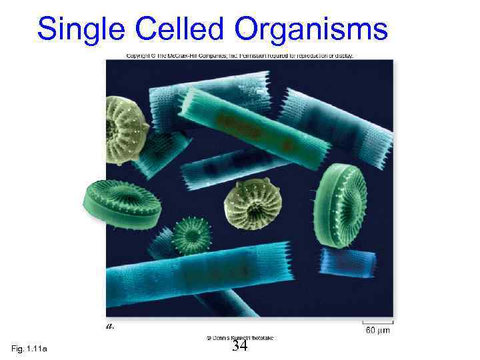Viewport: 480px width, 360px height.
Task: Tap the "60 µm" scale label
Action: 377,330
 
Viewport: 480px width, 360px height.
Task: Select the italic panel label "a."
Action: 111,326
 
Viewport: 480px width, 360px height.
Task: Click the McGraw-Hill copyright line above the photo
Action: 240,55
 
